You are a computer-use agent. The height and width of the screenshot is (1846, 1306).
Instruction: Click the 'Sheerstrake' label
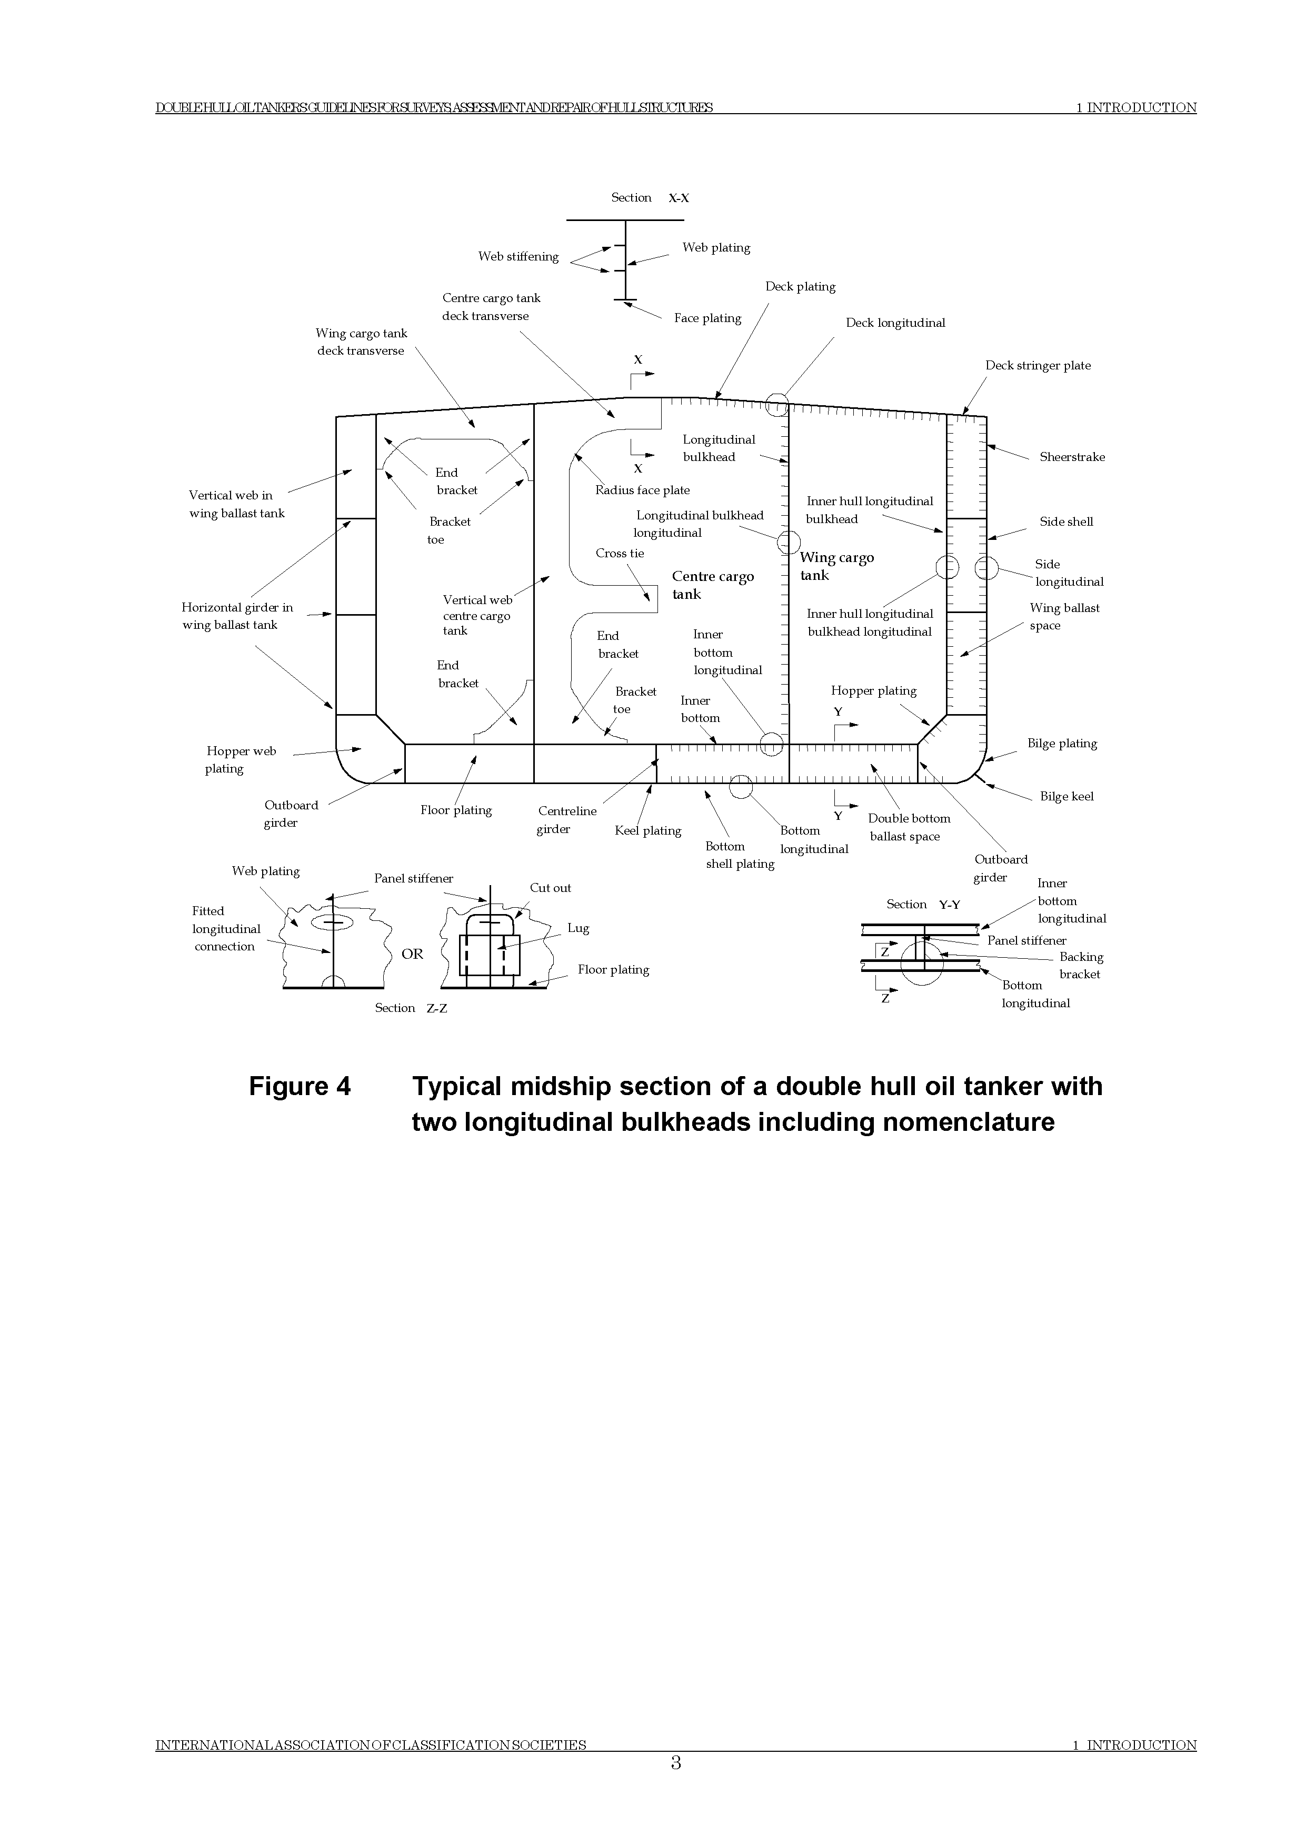[1071, 457]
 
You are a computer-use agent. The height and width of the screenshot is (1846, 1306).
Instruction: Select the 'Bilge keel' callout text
[1066, 796]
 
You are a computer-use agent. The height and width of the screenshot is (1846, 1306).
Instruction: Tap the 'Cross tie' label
[619, 553]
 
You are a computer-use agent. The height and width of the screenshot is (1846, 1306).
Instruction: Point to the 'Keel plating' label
[647, 830]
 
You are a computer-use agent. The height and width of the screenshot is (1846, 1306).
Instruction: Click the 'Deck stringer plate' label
[1038, 365]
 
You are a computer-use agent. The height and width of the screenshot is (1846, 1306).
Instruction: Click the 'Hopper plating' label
[873, 690]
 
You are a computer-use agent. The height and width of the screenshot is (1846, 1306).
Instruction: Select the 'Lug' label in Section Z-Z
[578, 928]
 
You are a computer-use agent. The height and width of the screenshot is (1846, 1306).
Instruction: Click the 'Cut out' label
[550, 888]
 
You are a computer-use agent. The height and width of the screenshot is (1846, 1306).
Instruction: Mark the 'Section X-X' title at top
[650, 198]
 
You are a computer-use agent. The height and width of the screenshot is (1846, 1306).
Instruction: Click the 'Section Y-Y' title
[922, 905]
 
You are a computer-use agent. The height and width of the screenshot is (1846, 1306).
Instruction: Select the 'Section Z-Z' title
[410, 1008]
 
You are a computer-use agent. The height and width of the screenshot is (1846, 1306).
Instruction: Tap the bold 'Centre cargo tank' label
[713, 585]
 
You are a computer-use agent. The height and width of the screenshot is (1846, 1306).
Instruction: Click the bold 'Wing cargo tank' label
[836, 566]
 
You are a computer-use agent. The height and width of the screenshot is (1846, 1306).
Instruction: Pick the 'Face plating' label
[707, 318]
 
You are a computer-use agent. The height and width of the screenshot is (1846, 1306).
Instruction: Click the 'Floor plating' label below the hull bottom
[456, 810]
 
